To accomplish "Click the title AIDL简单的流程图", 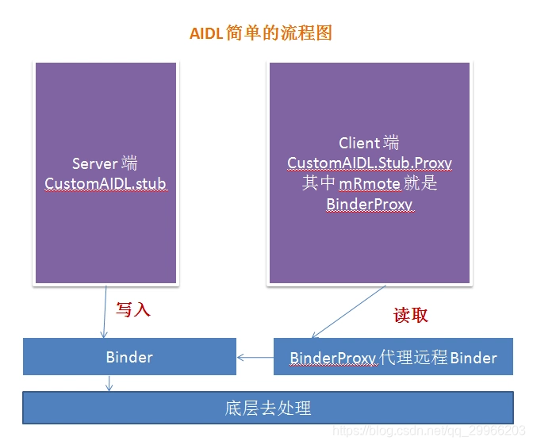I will click(x=260, y=33).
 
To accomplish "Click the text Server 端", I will click(x=105, y=163).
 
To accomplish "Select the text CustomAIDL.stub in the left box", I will click(x=105, y=183).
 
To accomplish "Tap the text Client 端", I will click(x=369, y=143).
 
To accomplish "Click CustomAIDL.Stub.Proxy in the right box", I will click(x=369, y=163).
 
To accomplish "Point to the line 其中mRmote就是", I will click(x=369, y=183).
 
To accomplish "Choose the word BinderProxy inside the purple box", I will click(x=369, y=204).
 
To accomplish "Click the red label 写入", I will click(x=132, y=309).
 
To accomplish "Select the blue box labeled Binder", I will click(x=129, y=357).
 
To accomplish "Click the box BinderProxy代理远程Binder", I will click(x=393, y=357).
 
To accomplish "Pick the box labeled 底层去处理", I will click(x=267, y=409).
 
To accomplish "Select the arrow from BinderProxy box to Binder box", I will click(x=255, y=358).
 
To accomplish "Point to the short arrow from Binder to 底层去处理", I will click(x=109, y=382).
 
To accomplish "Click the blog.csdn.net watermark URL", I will click(x=428, y=431).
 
